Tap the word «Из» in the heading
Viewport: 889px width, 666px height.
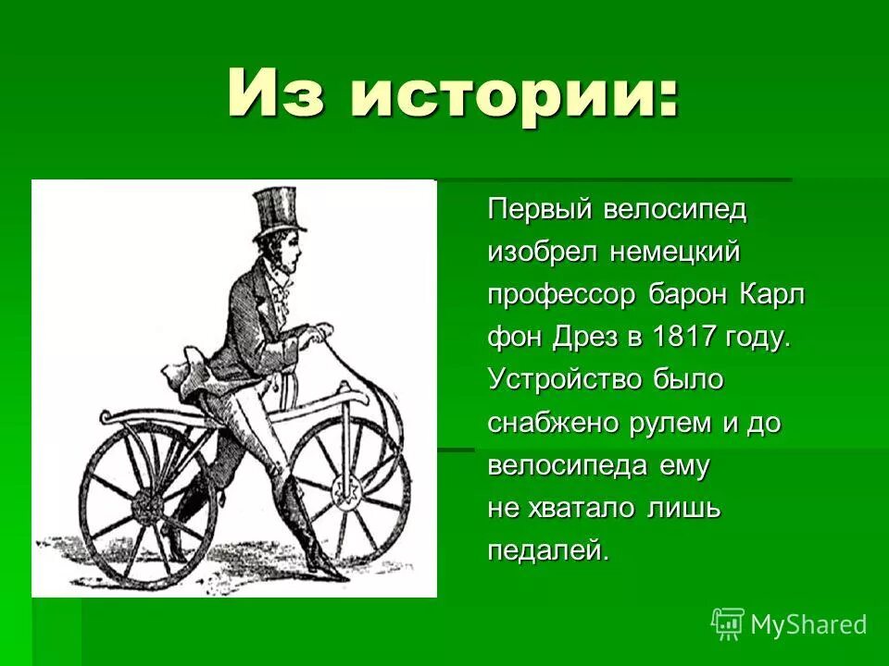coord(273,92)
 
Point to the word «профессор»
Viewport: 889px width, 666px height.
coord(562,295)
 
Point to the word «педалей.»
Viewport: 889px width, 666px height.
coord(549,551)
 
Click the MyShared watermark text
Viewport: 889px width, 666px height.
coord(808,624)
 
